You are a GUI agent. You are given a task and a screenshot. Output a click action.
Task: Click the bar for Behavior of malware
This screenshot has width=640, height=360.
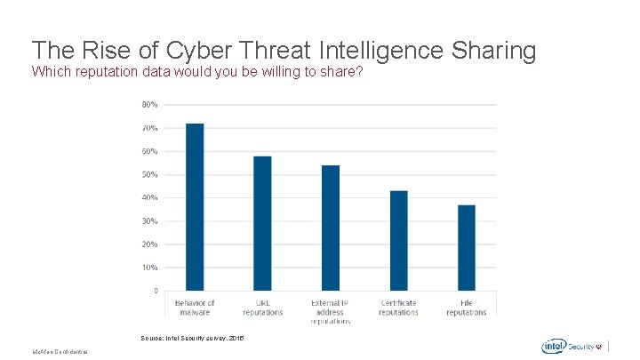click(x=195, y=206)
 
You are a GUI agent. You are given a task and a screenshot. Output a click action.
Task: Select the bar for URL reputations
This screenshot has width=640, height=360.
click(x=262, y=223)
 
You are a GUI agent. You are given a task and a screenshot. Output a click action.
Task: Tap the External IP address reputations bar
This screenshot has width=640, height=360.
click(x=331, y=228)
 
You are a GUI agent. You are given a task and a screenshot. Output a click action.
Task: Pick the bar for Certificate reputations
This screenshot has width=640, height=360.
click(x=398, y=240)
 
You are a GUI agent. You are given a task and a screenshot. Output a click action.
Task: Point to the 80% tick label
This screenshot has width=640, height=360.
click(x=149, y=105)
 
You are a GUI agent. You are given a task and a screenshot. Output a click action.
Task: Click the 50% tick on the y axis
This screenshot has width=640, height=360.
click(x=149, y=174)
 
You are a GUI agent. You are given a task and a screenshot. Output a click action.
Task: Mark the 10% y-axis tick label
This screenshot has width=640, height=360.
click(x=149, y=267)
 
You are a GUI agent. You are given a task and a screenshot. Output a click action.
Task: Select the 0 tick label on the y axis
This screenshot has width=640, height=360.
click(x=156, y=291)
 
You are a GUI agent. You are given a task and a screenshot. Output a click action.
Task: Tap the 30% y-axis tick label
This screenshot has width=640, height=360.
click(x=149, y=220)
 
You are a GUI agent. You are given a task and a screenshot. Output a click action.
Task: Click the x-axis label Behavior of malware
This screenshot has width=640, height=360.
click(x=195, y=308)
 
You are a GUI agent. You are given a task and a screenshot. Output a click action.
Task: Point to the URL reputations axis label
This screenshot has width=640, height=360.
click(x=262, y=308)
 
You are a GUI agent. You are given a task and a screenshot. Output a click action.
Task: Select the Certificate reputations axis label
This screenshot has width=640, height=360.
click(x=398, y=308)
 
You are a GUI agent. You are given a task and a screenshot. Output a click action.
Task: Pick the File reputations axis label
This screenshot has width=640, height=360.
click(x=467, y=308)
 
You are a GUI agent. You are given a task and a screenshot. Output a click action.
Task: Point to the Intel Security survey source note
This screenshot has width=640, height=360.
click(x=192, y=339)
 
